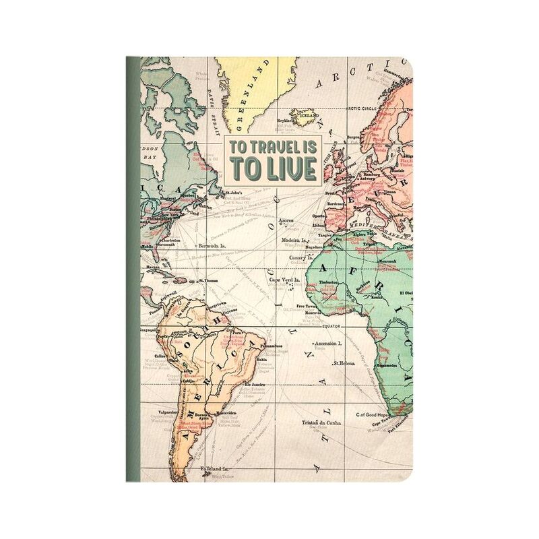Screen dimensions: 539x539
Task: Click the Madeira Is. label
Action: click(295, 239)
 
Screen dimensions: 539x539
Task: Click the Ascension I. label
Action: click(327, 343)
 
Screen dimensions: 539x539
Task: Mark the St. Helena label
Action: click(344, 364)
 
